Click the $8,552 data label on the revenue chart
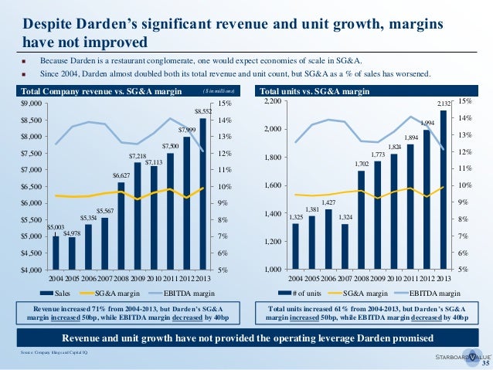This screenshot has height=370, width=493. [x=202, y=111]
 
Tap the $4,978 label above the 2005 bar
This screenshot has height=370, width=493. [x=72, y=233]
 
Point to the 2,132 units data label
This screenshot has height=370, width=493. [x=444, y=104]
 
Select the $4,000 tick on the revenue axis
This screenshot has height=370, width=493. [x=32, y=270]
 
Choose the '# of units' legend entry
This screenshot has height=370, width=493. [x=316, y=294]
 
